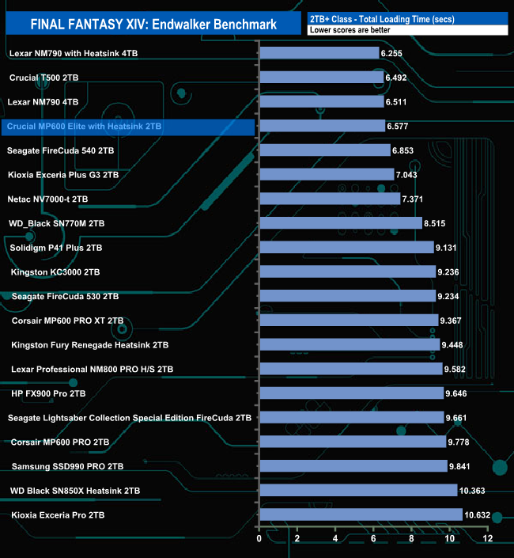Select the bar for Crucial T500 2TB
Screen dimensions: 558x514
pyautogui.click(x=321, y=78)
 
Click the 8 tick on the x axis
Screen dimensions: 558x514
pyautogui.click(x=412, y=539)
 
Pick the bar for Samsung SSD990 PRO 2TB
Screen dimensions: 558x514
pyautogui.click(x=353, y=466)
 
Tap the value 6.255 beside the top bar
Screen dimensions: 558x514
pyautogui.click(x=391, y=53)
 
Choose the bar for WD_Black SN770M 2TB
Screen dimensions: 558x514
pyautogui.click(x=341, y=224)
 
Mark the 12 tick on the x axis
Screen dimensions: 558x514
pyautogui.click(x=488, y=539)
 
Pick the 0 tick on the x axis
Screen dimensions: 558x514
pyautogui.click(x=259, y=539)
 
